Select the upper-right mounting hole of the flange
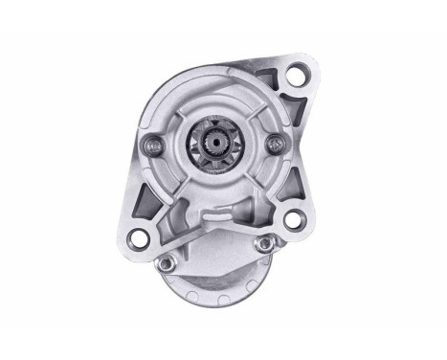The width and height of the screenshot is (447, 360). click(297, 73)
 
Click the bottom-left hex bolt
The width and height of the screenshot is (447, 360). click(167, 261)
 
